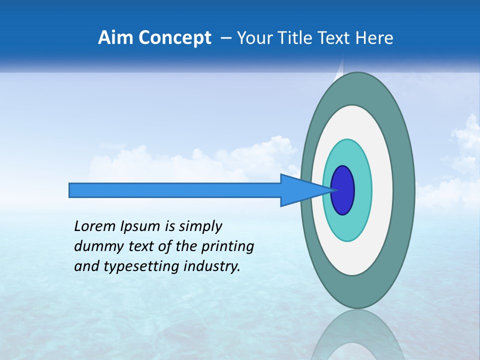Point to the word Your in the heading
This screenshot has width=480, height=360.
[255, 38]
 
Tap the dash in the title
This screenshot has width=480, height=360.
[226, 38]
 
